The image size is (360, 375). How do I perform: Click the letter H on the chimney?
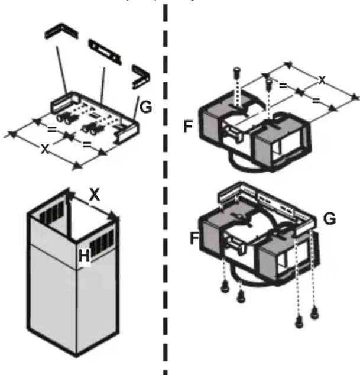84,256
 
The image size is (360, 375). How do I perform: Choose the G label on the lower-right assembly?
330,219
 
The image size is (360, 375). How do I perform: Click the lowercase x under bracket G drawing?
44,148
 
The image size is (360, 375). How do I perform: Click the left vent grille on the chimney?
53,213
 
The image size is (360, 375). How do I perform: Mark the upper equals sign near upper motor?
283,86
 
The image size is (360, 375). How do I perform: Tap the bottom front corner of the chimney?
76,357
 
